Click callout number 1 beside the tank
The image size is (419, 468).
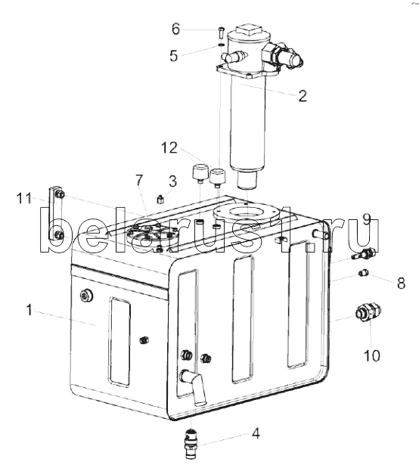(x=29, y=310)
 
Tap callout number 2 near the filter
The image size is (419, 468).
(x=303, y=96)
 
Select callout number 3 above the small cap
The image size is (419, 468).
(x=172, y=181)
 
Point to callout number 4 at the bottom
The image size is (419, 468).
(x=256, y=434)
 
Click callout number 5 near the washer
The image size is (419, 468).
(x=173, y=55)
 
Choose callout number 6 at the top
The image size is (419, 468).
(x=175, y=29)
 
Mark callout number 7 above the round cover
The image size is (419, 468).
(x=139, y=180)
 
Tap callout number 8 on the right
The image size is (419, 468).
(x=401, y=283)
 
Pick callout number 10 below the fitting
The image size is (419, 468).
(x=372, y=356)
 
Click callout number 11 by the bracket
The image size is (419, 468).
(x=24, y=198)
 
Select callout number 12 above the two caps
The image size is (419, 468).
(x=169, y=148)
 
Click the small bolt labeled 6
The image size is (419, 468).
(x=220, y=33)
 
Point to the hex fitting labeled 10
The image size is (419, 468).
(x=368, y=312)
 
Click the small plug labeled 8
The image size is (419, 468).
(x=364, y=273)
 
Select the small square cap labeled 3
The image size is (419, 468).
(x=160, y=199)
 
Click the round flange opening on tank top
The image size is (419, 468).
(x=247, y=212)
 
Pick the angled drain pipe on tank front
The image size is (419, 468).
(x=195, y=386)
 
